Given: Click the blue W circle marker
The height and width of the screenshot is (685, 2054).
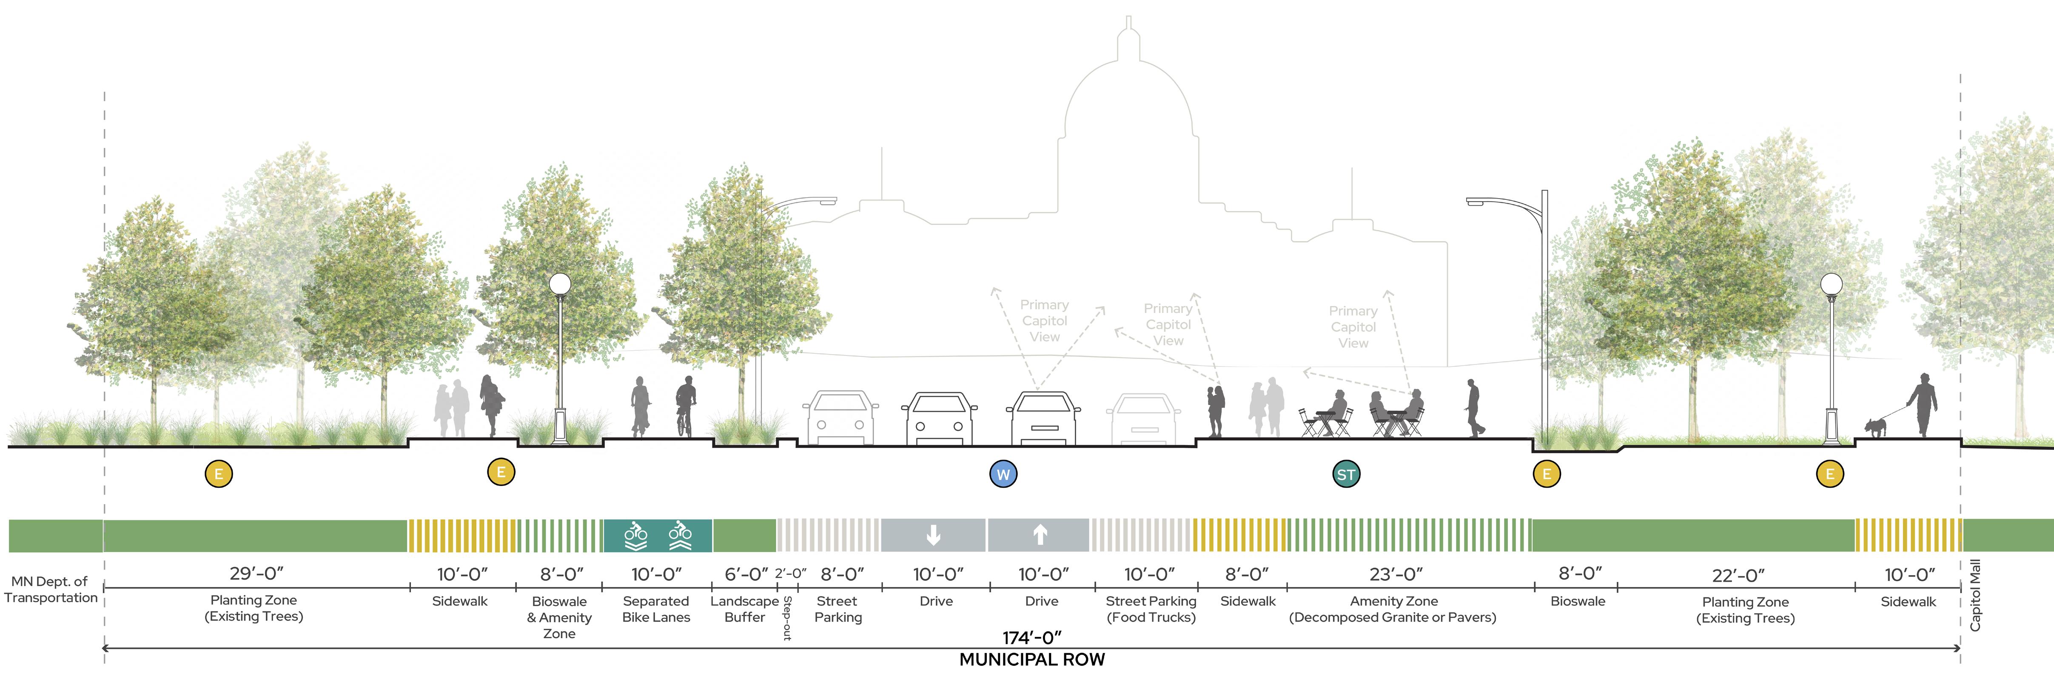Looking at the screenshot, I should [x=1003, y=475].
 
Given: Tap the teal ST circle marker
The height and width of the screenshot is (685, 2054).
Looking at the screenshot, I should [x=1346, y=475].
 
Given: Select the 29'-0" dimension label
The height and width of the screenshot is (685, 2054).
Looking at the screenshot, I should [x=256, y=573].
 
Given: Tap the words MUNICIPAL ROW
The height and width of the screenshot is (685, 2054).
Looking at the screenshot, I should [x=1032, y=659].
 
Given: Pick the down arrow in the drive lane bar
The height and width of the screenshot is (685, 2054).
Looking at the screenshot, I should [x=933, y=535].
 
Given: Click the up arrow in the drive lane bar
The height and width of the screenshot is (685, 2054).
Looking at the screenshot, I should [x=1039, y=535].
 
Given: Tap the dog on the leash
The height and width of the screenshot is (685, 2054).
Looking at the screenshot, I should [x=1875, y=426].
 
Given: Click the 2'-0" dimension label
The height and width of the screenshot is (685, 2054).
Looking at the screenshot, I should [x=790, y=573].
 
